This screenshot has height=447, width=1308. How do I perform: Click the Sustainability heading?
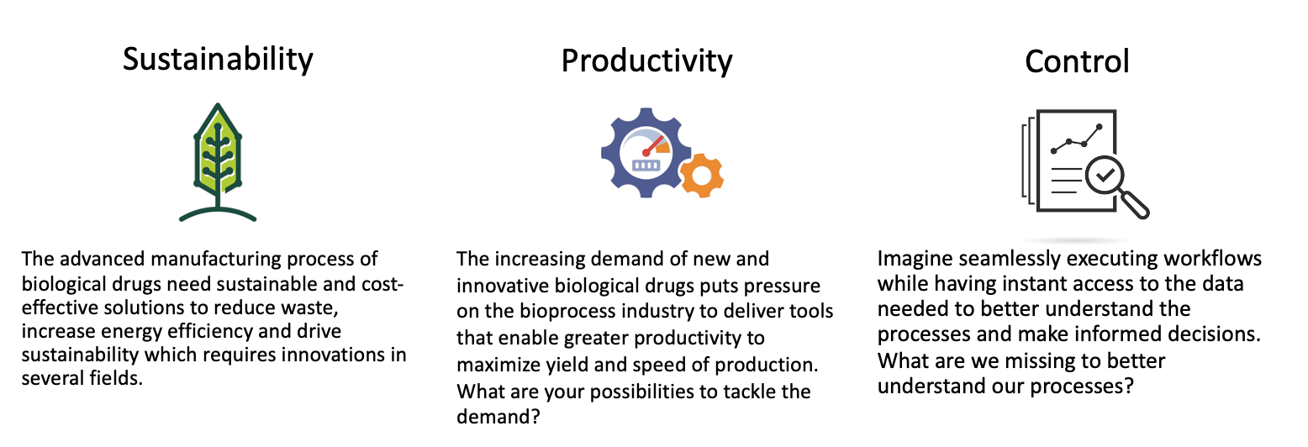point(218,60)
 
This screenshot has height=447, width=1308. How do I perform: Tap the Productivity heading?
point(646,61)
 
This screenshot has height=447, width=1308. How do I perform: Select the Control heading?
point(1077,61)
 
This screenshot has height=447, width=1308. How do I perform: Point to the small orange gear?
point(702,175)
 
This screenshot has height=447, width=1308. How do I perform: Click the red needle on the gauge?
point(653,145)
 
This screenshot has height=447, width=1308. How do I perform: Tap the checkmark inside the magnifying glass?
point(1105,174)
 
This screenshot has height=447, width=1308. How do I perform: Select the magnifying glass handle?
point(1135,203)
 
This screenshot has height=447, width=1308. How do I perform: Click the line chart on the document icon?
point(1076,139)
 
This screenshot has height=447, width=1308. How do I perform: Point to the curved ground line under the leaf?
point(218,213)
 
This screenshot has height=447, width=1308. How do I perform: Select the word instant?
point(1029,284)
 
